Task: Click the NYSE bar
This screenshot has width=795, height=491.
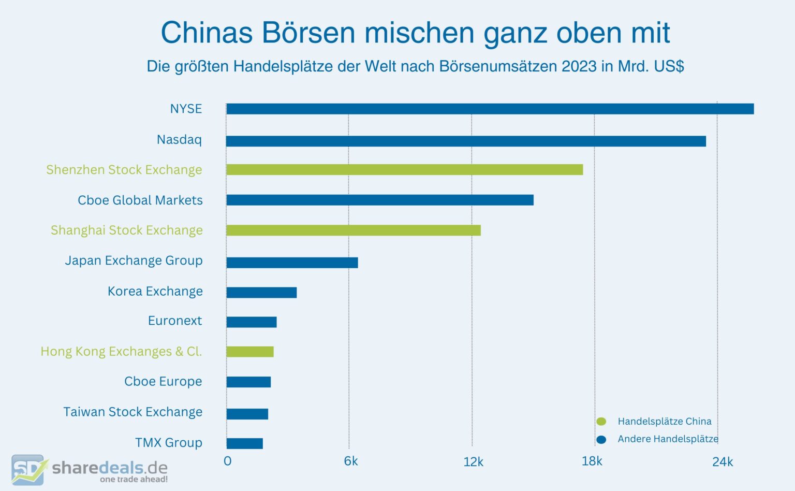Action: [490, 109]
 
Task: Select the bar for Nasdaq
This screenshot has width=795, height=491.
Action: [466, 141]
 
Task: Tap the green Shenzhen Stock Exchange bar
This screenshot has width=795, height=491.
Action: [404, 170]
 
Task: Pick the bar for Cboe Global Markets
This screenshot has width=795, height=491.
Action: [379, 200]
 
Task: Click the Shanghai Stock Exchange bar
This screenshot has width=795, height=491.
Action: [353, 230]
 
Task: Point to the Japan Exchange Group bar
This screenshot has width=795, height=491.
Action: [292, 263]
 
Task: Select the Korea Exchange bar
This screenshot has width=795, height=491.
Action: [261, 293]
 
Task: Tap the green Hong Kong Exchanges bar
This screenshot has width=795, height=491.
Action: [249, 352]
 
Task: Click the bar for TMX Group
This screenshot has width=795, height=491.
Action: [244, 443]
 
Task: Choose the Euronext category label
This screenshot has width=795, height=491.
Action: [175, 321]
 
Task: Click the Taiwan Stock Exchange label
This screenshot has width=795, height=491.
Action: [132, 412]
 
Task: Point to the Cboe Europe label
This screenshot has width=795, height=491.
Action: [163, 382]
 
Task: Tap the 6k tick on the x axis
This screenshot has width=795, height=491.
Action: [350, 461]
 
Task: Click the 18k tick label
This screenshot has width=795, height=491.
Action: [592, 461]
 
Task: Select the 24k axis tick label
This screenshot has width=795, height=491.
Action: [722, 462]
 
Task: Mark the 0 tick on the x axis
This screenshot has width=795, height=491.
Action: [227, 461]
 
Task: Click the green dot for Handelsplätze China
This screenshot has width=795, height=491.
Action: [601, 422]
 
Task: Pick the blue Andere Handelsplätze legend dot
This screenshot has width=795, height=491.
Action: [601, 440]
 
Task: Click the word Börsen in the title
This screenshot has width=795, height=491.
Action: [308, 33]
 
